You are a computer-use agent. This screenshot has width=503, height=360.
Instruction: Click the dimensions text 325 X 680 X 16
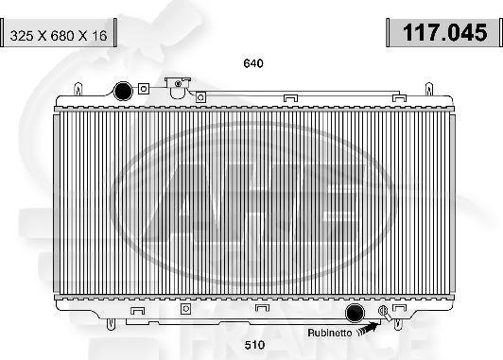point(59,37)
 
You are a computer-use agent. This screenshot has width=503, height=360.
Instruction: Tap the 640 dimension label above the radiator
point(252,63)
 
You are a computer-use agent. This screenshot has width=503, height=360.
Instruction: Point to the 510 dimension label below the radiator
point(252,344)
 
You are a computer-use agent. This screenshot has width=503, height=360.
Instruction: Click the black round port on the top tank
point(122,92)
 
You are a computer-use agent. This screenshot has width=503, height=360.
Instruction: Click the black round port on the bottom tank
point(356,315)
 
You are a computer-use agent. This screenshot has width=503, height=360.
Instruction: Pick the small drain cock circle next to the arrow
point(383,312)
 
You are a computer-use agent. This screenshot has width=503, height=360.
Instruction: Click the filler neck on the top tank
point(176,86)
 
